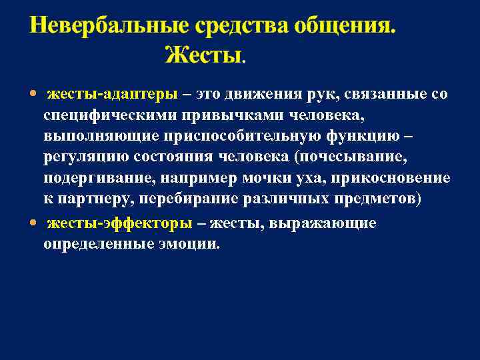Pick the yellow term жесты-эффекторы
click(119, 223)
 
